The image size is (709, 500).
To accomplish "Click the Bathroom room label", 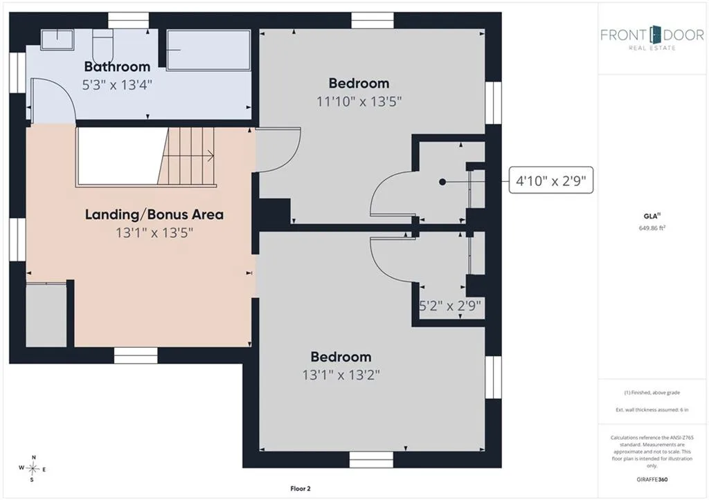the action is (x=117, y=66).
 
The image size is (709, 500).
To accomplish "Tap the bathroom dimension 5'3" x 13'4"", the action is (x=117, y=84).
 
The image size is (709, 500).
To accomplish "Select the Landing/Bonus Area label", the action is (x=154, y=214).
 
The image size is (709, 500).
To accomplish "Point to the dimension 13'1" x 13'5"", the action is (x=154, y=232).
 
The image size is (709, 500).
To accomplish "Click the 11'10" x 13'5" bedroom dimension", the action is (x=359, y=101).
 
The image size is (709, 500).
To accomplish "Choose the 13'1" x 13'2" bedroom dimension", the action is (x=341, y=375).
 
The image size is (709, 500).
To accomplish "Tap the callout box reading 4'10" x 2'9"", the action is (x=550, y=180).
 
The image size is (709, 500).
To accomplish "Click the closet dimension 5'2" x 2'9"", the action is (x=450, y=306).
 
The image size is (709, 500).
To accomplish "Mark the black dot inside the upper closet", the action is (x=442, y=182).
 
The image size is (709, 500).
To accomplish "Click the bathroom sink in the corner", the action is (x=57, y=39).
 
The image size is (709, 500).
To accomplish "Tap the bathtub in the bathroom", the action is (x=208, y=50).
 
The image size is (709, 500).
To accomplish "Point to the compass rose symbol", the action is (x=33, y=468).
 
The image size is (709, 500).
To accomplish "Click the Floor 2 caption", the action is (x=300, y=488).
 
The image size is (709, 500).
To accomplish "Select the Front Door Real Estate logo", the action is (x=652, y=38).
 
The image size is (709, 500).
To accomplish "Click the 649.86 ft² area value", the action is (x=652, y=228).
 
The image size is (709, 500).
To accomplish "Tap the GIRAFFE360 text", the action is (x=652, y=479).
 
